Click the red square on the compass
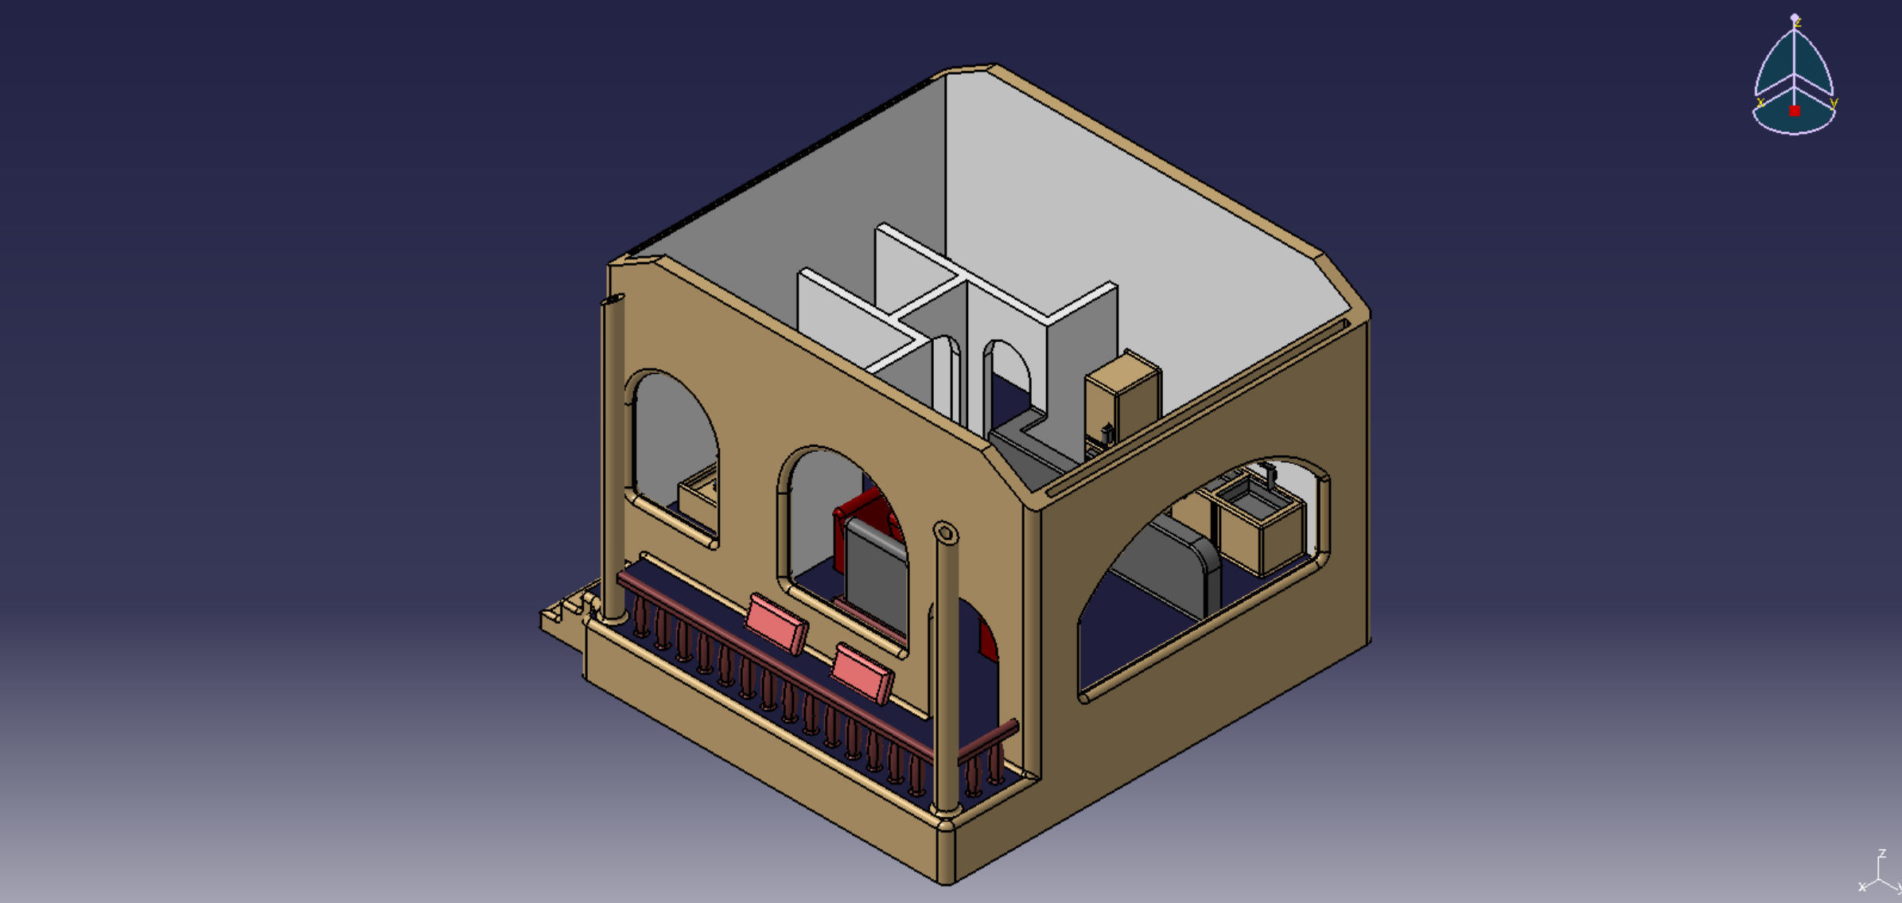1795,111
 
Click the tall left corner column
613,453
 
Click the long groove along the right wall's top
1193,406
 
